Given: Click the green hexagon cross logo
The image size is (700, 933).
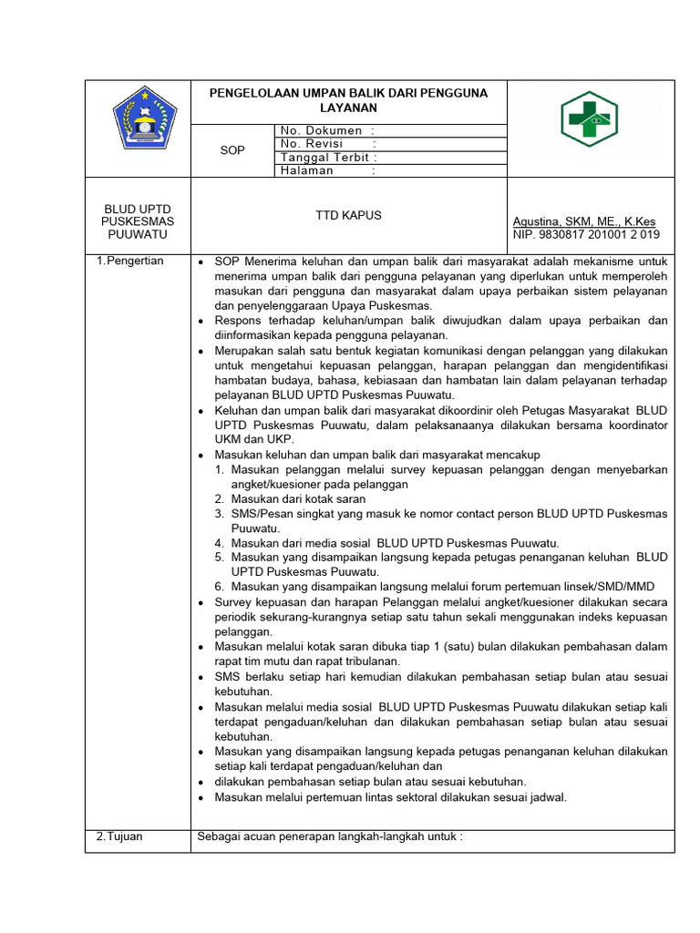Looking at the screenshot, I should [590, 119].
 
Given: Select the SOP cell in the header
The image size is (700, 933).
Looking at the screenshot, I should [232, 150].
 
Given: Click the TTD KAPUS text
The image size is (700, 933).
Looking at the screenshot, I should [348, 216].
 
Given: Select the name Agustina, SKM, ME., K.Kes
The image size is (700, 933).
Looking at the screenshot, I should [584, 221].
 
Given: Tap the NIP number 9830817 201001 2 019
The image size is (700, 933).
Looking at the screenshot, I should [586, 235].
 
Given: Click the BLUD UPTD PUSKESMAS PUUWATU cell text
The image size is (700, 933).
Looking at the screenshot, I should [138, 221].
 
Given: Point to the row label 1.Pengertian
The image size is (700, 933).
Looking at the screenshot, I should [130, 261].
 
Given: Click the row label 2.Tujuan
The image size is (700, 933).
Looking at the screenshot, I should [119, 836].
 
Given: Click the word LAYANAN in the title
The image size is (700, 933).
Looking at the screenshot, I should [348, 108].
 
